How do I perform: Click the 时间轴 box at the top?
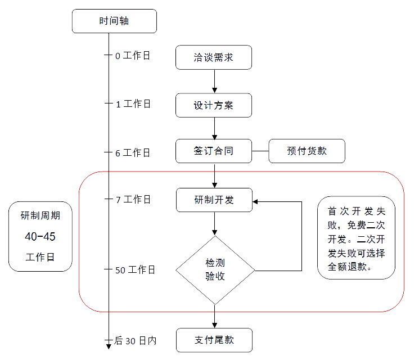pyautogui.click(x=114, y=21)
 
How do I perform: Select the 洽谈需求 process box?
pyautogui.click(x=214, y=57)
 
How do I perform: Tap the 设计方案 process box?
pyautogui.click(x=214, y=105)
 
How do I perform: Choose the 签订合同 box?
pyautogui.click(x=214, y=151)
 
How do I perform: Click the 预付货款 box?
pyautogui.click(x=307, y=151)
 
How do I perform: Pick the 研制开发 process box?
pyautogui.click(x=214, y=200)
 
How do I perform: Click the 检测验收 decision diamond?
pyautogui.click(x=215, y=270)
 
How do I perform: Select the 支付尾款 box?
pyautogui.click(x=214, y=340)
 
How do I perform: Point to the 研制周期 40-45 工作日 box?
pyautogui.click(x=40, y=236)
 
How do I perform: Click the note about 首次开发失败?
pyautogui.click(x=356, y=237)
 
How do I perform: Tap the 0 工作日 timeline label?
pyautogui.click(x=133, y=56)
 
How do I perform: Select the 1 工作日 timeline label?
pyautogui.click(x=133, y=104)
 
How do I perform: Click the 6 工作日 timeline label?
pyautogui.click(x=133, y=152)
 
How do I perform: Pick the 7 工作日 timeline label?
pyautogui.click(x=133, y=199)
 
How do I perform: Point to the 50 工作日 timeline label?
pyautogui.click(x=135, y=270)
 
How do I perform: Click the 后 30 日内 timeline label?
pyautogui.click(x=135, y=340)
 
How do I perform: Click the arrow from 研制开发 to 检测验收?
pyautogui.click(x=214, y=224)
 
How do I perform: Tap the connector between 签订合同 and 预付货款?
pyautogui.click(x=260, y=151)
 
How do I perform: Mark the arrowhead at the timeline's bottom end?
pyautogui.click(x=109, y=345)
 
